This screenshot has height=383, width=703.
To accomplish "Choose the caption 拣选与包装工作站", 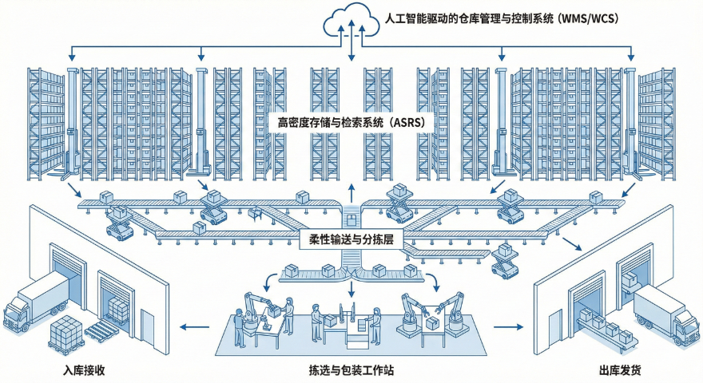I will coord(351,370).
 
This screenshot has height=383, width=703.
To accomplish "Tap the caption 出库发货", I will coord(618,370).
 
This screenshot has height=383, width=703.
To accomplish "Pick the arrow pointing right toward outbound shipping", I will coord(506,326).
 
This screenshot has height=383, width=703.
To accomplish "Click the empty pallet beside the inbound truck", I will coord(101,328).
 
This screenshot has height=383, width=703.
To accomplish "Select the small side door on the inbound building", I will coord(148,326).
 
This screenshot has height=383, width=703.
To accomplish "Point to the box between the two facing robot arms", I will coord(432,322).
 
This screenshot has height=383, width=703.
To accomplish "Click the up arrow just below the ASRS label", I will coord(351,191).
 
